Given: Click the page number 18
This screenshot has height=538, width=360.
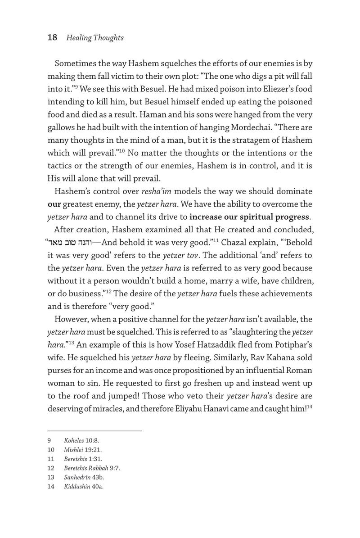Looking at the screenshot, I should tap(52, 38).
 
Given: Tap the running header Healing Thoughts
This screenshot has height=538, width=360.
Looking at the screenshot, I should tap(95, 38).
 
